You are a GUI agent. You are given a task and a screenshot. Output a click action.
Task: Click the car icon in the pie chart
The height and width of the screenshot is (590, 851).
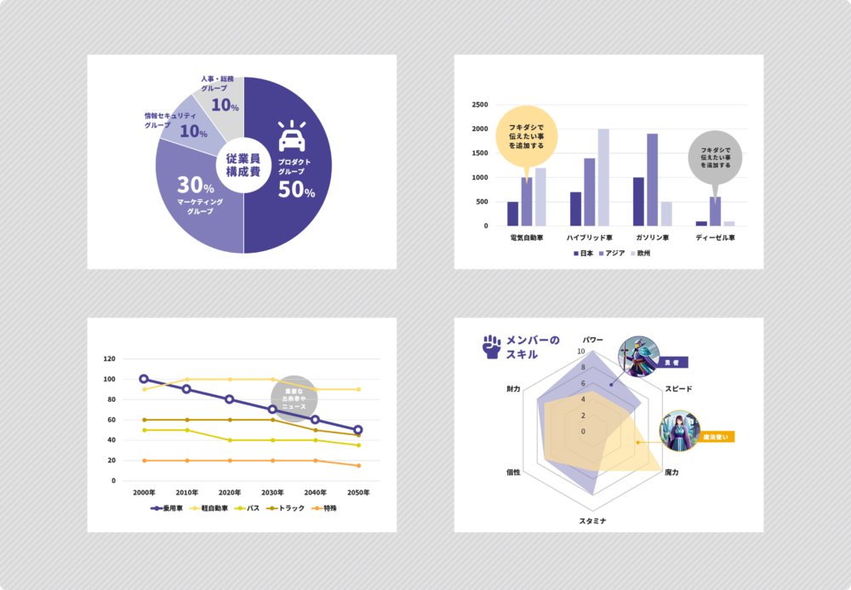click(292, 136)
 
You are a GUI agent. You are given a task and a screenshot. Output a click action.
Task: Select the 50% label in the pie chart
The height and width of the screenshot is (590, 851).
click(296, 192)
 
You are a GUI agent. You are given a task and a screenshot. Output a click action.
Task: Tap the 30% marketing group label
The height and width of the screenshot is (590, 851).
click(195, 185)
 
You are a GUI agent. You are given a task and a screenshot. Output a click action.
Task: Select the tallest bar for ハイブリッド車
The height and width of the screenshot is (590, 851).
click(603, 177)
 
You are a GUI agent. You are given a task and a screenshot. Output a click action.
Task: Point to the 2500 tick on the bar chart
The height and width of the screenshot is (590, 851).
click(480, 105)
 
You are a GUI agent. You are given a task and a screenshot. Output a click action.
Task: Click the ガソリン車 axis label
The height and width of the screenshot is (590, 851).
click(652, 238)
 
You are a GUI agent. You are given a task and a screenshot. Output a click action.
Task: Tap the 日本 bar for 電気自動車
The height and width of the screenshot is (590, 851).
click(512, 214)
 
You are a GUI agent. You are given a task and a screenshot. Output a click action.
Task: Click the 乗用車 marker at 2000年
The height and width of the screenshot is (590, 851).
click(144, 379)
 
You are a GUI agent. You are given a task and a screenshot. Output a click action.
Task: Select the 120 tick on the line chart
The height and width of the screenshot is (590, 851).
click(109, 358)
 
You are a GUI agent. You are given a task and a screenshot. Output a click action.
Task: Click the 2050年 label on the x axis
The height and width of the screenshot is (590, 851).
click(358, 493)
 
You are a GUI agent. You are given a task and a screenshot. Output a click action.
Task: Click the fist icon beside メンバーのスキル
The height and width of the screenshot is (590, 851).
click(491, 345)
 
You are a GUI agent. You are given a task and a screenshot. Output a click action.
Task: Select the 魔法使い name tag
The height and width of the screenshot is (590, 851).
click(714, 437)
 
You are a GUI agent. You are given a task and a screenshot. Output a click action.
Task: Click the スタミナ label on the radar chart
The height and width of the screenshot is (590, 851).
click(592, 520)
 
